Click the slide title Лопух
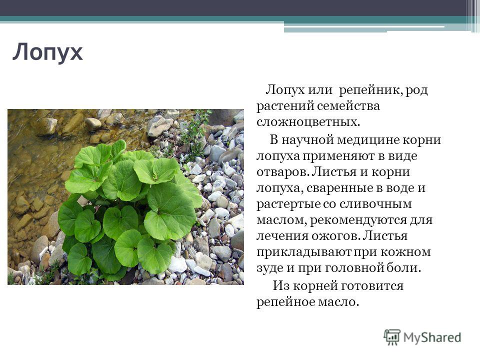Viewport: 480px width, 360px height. pos(47,52)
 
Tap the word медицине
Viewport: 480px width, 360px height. pos(368,140)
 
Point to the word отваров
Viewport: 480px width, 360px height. pos(281,172)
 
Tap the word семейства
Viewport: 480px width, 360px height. pos(348,106)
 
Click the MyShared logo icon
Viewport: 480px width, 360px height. pos(392,337)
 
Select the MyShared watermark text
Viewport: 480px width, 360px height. pos(432,337)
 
